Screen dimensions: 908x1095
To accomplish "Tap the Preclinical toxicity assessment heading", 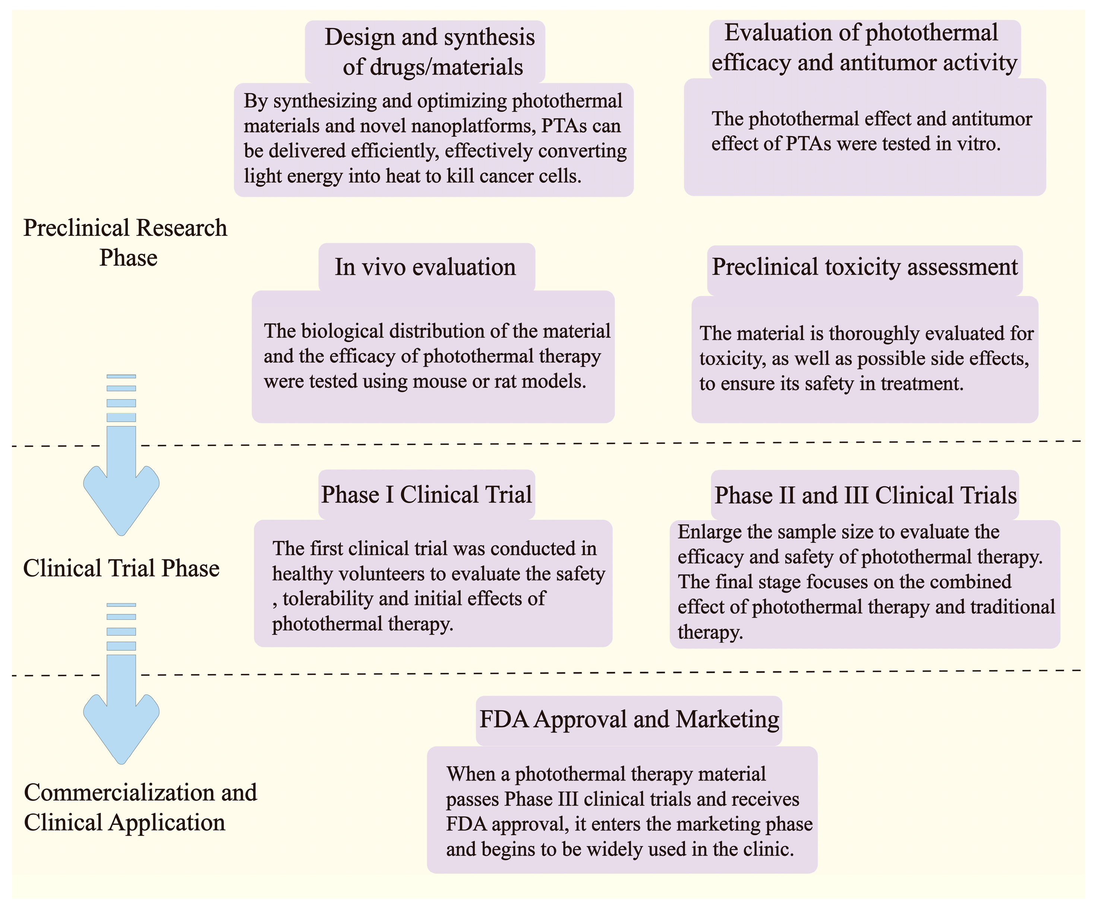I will click(x=865, y=267).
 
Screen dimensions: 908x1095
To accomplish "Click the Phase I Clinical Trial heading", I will click(x=426, y=494).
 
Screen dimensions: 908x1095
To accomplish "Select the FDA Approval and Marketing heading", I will click(x=629, y=719).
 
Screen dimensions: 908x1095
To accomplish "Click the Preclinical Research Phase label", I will click(x=126, y=243).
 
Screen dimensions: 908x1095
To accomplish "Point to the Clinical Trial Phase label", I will click(x=121, y=568).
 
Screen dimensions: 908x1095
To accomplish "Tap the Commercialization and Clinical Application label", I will click(x=140, y=807).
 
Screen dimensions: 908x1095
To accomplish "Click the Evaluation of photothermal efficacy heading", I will click(x=864, y=47).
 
